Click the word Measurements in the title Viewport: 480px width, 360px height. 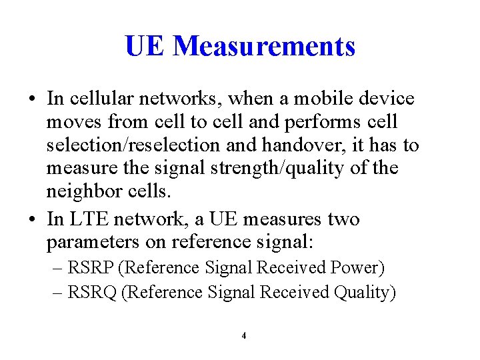pos(264,46)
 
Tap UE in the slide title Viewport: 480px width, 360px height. pos(144,46)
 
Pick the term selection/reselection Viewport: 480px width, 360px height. pos(127,145)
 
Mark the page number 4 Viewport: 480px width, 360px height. pos(243,335)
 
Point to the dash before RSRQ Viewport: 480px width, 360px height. pos(58,292)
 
